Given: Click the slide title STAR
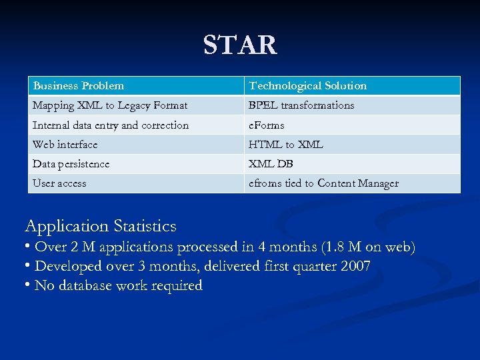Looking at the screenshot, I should [x=240, y=45].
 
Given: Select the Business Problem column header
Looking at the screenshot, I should [x=79, y=86].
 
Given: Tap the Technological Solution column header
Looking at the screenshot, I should [x=307, y=86].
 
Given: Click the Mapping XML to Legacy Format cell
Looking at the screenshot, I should [x=110, y=105].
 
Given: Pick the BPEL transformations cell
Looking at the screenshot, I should [x=301, y=105].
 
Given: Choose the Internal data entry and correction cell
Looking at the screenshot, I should [x=111, y=125].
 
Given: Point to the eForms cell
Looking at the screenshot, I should [x=267, y=125].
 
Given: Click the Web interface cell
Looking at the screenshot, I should [x=65, y=145].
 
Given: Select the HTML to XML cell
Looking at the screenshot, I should [x=286, y=145].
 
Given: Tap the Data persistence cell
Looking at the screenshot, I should [x=71, y=164].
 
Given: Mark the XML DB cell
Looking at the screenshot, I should [x=271, y=164].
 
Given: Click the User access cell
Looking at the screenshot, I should [x=60, y=183].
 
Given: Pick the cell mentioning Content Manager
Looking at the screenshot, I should [x=323, y=183].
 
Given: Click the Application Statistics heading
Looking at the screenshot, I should [x=101, y=226].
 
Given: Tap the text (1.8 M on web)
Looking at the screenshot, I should [x=368, y=247].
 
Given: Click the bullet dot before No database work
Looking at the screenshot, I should [x=28, y=285].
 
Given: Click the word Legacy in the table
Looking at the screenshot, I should [x=135, y=105].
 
